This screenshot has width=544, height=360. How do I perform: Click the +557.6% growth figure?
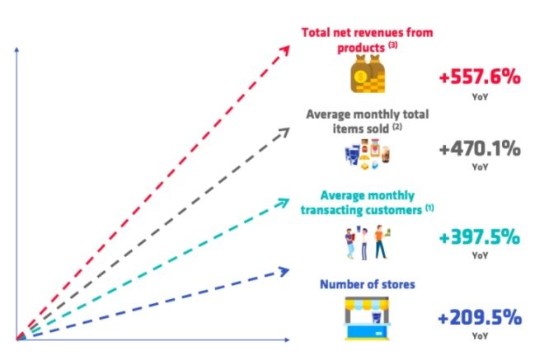click(480, 77)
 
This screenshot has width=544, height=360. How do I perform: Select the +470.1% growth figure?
click(480, 149)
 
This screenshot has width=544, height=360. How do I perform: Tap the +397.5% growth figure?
click(480, 237)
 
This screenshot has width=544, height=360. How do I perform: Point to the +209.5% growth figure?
click(480, 317)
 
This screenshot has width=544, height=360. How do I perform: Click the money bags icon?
click(368, 74)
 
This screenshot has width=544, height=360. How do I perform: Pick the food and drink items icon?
click(367, 154)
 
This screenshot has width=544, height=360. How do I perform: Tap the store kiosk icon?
click(368, 318)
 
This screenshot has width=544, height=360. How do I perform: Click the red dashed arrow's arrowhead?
click(285, 50)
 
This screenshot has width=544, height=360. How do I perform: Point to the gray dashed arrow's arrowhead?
click(284, 132)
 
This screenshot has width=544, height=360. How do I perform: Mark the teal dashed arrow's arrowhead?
click(284, 202)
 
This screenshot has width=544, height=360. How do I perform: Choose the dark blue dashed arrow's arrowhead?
click(284, 271)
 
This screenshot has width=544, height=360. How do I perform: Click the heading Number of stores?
click(368, 284)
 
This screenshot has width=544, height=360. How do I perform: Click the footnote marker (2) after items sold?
click(397, 127)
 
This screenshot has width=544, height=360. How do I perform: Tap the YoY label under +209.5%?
click(480, 336)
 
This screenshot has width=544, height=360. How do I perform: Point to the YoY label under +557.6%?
click(480, 96)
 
